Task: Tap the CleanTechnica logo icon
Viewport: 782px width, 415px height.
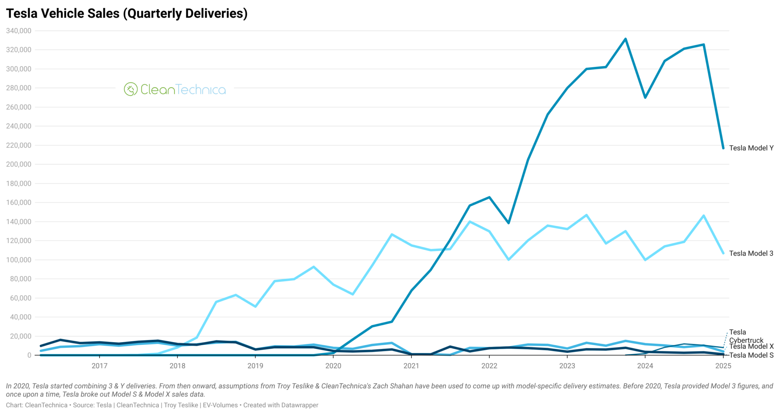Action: tap(131, 89)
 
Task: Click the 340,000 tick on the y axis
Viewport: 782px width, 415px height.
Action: tap(19, 31)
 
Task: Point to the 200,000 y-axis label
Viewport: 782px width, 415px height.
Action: tap(19, 164)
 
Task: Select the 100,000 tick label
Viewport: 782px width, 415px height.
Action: tap(19, 260)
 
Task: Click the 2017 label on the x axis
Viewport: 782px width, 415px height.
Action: tap(99, 366)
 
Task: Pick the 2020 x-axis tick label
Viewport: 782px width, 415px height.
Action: tap(333, 366)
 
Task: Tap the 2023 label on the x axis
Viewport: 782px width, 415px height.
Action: tap(567, 366)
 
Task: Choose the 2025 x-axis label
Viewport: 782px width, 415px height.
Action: tap(723, 366)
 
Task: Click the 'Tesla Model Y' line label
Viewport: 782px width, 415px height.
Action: tap(751, 148)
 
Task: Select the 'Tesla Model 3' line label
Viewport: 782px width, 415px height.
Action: tap(751, 253)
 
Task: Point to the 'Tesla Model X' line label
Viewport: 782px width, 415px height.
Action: tap(751, 346)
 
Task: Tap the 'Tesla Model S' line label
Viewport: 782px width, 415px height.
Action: tap(751, 355)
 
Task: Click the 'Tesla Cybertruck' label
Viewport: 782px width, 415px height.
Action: tap(746, 336)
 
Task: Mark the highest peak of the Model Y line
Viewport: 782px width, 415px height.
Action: tap(625, 39)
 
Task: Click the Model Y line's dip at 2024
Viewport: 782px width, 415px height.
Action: tap(645, 98)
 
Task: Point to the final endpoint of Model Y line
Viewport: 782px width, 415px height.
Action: tap(723, 148)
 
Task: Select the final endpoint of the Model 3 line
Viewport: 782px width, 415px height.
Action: tap(723, 253)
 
